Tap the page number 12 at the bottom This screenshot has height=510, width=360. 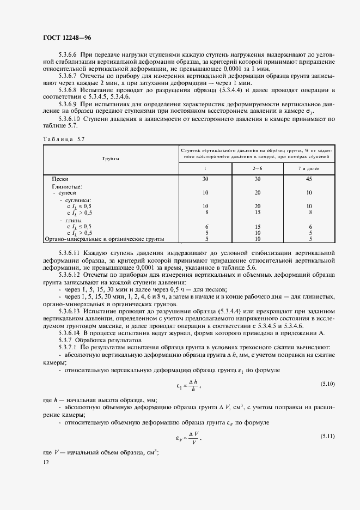[x=45, y=462]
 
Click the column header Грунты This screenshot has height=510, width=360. [x=111, y=158]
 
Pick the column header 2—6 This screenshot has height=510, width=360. [x=258, y=168]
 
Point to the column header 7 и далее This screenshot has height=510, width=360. [x=310, y=168]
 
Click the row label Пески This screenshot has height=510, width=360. [x=60, y=179]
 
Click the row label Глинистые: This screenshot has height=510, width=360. [x=66, y=186]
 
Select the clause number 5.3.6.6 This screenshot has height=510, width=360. [x=68, y=55]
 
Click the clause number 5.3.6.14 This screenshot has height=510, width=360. [x=69, y=332]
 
